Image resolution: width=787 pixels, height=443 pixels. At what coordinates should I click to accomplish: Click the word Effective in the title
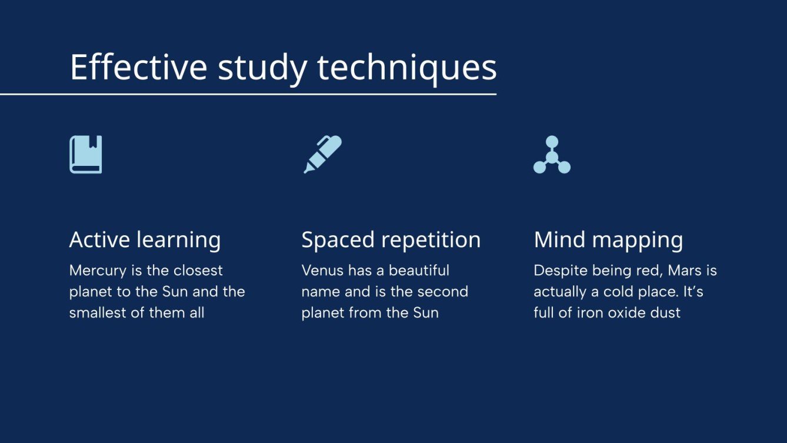(138, 67)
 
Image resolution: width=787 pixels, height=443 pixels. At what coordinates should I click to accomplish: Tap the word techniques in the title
(407, 67)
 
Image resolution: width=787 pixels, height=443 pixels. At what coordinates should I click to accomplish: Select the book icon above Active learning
(86, 155)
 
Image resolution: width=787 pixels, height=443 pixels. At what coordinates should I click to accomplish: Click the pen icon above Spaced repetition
(322, 154)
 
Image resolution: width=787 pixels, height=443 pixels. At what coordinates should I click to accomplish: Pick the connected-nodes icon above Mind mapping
(552, 155)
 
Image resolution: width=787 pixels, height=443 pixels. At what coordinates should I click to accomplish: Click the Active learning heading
(145, 240)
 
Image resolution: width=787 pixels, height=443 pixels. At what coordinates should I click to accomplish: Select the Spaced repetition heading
(391, 240)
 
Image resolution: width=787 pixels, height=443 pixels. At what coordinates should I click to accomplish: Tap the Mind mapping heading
(608, 240)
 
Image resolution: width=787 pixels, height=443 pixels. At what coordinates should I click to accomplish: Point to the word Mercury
(98, 271)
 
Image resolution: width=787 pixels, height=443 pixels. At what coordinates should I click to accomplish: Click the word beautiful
(419, 271)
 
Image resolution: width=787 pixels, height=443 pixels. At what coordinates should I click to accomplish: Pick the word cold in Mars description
(618, 291)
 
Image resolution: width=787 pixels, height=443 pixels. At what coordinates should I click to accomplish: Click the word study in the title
(262, 68)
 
